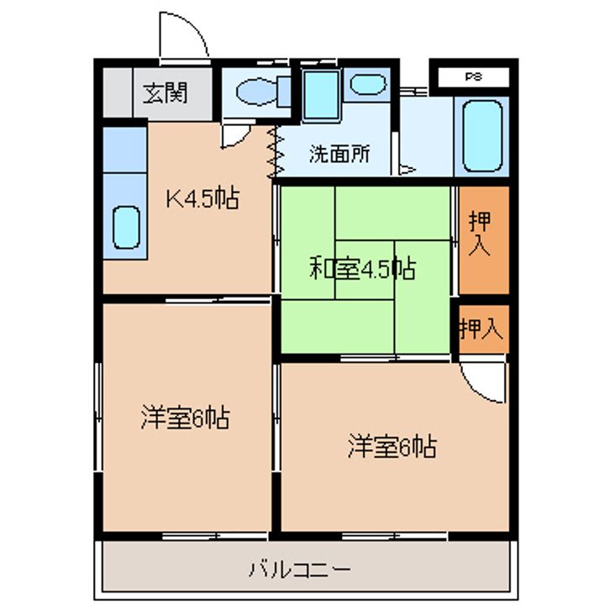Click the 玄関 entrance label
[166, 93]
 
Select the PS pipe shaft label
[473, 76]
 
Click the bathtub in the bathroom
[482, 136]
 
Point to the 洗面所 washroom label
[339, 154]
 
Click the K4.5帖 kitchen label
[203, 198]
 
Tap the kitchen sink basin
[126, 227]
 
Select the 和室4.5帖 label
[363, 269]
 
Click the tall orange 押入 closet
[484, 240]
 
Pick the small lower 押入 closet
[484, 329]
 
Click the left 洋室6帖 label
[185, 417]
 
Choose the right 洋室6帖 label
[392, 446]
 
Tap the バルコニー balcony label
[300, 570]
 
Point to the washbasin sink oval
[368, 85]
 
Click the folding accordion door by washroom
[276, 151]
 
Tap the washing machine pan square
[321, 95]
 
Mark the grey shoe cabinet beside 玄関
[118, 92]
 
